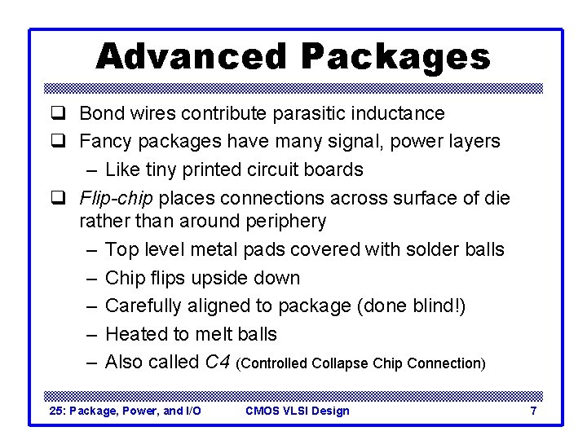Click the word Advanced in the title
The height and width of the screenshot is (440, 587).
coord(192,56)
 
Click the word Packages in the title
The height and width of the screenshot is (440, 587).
coord(395,56)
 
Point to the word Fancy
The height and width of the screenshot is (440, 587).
coord(106,141)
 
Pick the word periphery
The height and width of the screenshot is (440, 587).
coord(285,221)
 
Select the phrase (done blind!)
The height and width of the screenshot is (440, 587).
coord(418,306)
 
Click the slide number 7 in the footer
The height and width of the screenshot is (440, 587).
coord(533,411)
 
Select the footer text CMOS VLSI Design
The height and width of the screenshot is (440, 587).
coord(297,411)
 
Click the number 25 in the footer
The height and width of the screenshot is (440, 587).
coord(56,411)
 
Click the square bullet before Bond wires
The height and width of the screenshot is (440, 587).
coord(59,113)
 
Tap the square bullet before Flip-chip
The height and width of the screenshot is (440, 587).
coord(59,198)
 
